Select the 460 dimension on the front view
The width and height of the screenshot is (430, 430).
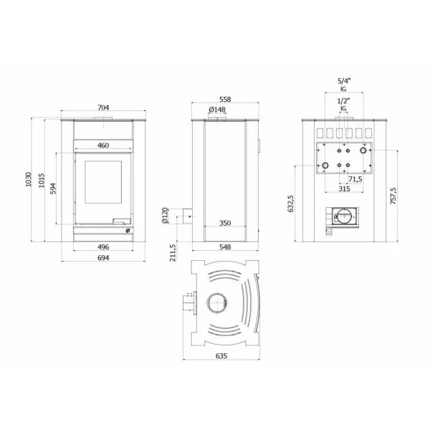[x=103, y=145]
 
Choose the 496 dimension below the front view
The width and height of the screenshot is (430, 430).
[x=103, y=246]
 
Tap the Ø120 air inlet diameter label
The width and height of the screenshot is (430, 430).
[x=165, y=215]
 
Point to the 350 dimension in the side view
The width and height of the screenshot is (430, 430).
[x=225, y=223]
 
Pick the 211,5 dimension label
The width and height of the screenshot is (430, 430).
[x=173, y=252]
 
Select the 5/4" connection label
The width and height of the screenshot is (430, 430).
[x=343, y=81]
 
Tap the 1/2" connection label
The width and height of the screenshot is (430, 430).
[x=343, y=101]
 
